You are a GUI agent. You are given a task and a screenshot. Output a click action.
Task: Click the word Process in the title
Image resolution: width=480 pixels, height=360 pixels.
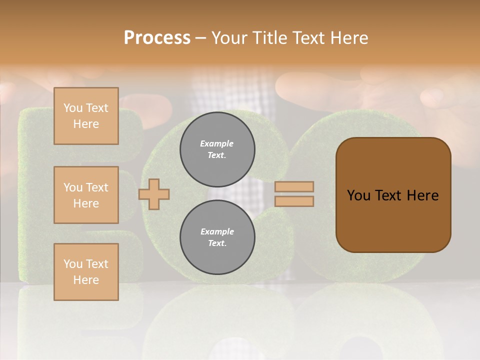(157, 38)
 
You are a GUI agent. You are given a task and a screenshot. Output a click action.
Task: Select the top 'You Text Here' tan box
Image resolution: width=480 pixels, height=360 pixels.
(86, 116)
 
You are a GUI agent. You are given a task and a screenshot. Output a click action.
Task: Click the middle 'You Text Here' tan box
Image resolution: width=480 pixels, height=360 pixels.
(86, 195)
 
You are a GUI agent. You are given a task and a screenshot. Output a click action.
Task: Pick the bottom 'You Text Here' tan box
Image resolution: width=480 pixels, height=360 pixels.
(86, 272)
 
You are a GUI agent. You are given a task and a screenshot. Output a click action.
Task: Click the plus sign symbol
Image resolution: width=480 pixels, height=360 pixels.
(154, 193)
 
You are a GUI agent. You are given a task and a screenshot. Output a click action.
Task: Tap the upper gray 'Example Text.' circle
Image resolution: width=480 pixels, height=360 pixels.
(217, 149)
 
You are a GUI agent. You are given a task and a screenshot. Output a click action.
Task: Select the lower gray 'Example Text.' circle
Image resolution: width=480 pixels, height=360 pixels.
(217, 237)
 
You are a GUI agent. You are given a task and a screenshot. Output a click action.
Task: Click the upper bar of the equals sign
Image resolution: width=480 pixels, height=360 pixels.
(294, 186)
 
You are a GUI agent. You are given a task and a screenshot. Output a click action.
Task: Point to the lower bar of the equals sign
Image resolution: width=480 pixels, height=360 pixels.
(294, 201)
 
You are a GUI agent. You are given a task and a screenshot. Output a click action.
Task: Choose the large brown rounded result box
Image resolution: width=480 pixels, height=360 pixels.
(393, 195)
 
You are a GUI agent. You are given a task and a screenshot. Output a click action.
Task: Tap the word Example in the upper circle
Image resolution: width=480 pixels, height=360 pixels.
(217, 143)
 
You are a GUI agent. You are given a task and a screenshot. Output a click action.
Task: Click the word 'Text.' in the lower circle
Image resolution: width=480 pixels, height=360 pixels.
(217, 243)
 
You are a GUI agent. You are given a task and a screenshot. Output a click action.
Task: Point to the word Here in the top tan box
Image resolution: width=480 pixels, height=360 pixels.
(86, 124)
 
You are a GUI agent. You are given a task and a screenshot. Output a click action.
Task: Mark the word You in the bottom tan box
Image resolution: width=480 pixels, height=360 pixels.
(73, 264)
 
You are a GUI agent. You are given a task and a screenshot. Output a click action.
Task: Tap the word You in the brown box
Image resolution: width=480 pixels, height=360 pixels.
(358, 195)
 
